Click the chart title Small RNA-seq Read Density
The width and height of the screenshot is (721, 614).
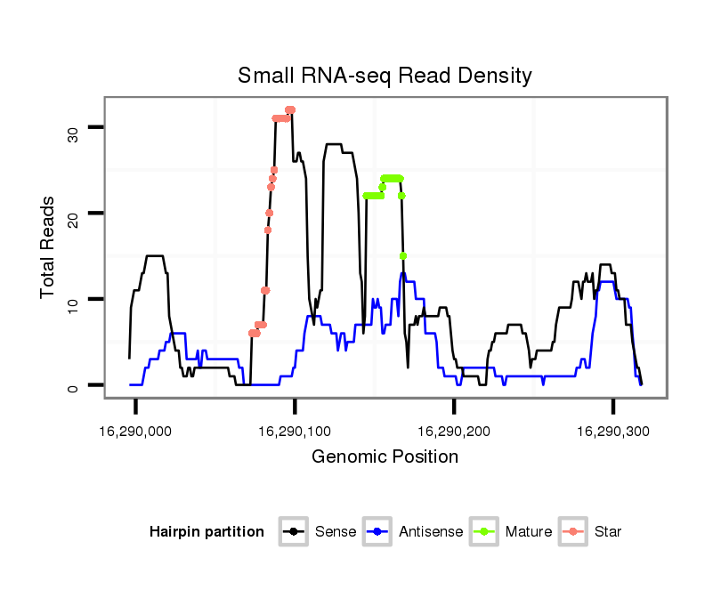click(385, 76)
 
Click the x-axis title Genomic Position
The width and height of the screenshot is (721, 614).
click(385, 457)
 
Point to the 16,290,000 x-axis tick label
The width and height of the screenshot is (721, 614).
click(136, 431)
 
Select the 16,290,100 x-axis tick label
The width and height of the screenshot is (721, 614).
click(295, 431)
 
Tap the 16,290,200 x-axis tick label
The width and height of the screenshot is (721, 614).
click(454, 431)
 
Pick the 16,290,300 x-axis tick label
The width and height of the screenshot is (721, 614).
click(612, 431)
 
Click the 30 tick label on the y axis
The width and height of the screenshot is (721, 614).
click(72, 133)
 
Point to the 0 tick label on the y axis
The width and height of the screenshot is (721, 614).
click(72, 385)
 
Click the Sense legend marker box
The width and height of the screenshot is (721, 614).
click(294, 532)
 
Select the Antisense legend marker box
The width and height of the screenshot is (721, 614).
click(378, 532)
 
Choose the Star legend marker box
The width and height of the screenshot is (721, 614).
click(573, 532)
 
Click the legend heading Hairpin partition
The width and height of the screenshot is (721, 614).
click(207, 532)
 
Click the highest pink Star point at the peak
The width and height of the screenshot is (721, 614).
click(290, 110)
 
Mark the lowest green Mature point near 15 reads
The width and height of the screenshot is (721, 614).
click(403, 256)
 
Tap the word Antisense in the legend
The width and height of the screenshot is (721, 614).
click(431, 532)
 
